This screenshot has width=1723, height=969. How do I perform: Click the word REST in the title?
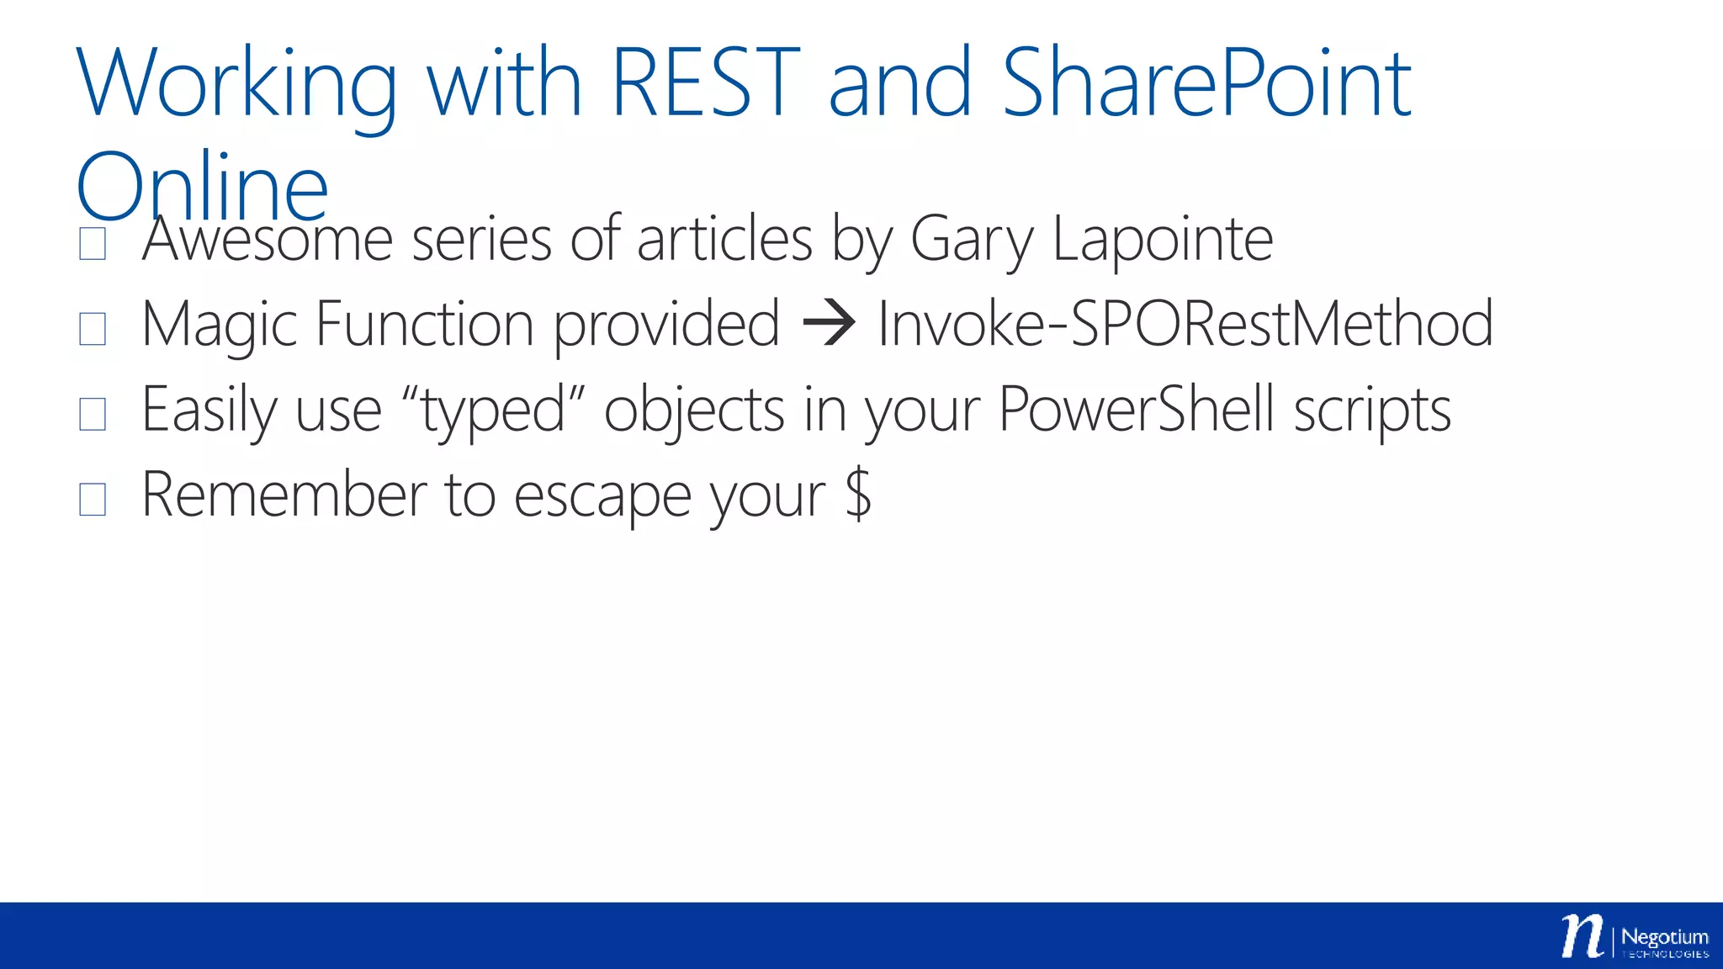click(x=705, y=82)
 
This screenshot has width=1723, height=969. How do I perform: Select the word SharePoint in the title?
click(x=1206, y=82)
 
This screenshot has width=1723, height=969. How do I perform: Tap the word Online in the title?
click(x=202, y=187)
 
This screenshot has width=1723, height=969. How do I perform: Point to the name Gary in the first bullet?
click(x=972, y=241)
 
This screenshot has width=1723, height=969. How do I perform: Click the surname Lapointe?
click(x=1163, y=241)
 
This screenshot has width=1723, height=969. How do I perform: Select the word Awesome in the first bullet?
click(x=268, y=239)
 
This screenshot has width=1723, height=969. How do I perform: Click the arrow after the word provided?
click(x=829, y=323)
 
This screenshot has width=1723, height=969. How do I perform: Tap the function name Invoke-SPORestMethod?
click(x=1185, y=323)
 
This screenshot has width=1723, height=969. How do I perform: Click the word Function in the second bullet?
click(x=425, y=323)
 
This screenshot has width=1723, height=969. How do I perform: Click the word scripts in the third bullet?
click(x=1372, y=410)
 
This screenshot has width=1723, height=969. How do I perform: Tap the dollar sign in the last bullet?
click(x=858, y=495)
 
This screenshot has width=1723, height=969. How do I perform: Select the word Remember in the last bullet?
click(x=284, y=495)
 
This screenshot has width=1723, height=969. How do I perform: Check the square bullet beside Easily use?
click(x=93, y=414)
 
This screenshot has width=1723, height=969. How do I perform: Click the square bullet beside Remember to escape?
click(x=93, y=499)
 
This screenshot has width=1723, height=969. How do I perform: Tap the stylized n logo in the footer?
click(x=1582, y=935)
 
